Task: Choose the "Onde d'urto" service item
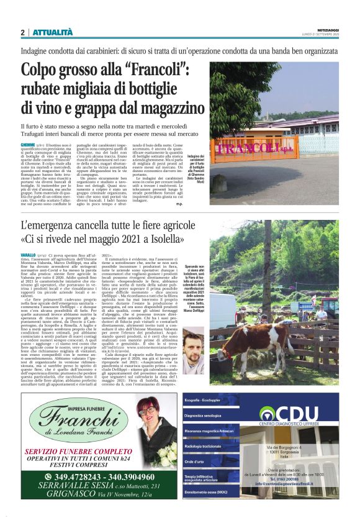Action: click(194, 462)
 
